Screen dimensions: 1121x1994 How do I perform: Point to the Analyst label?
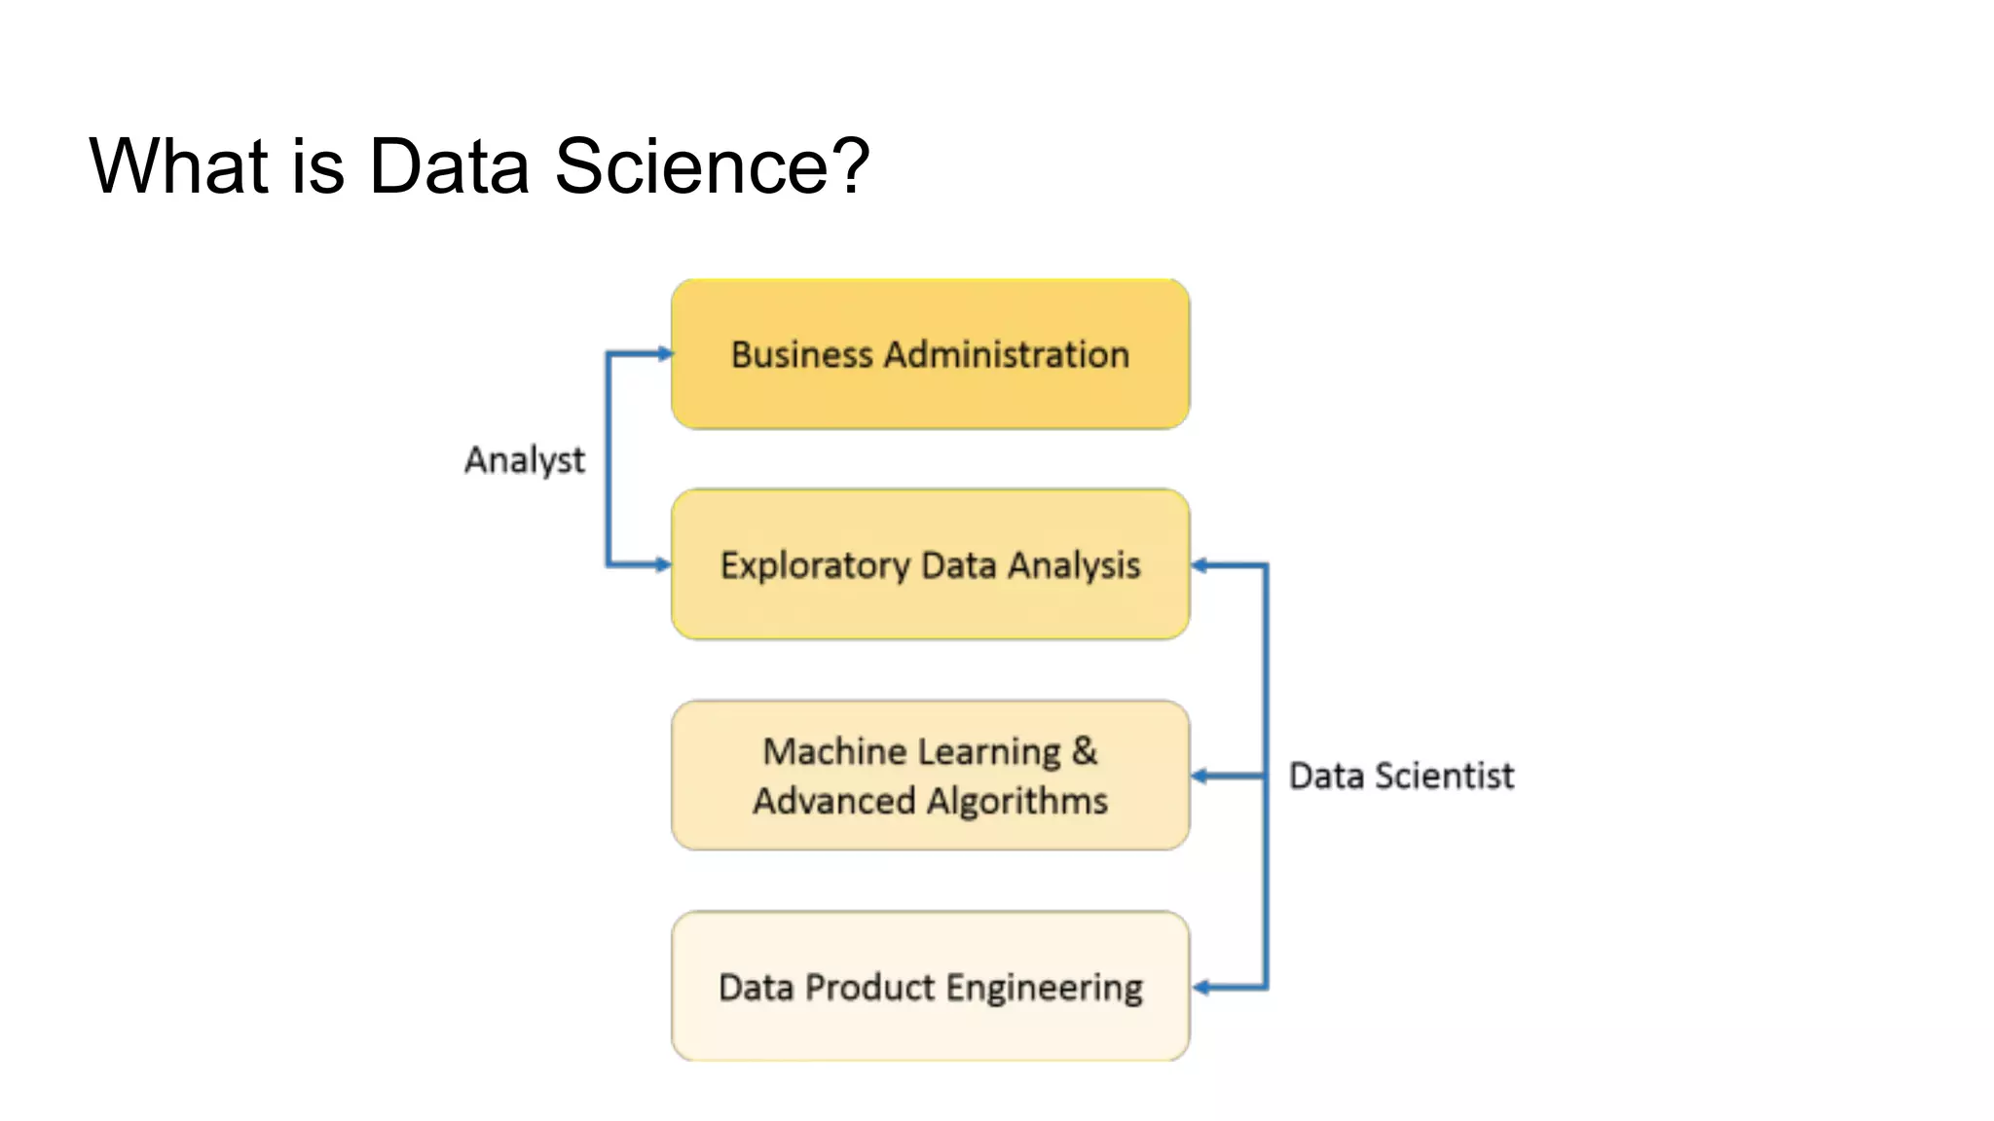click(x=525, y=460)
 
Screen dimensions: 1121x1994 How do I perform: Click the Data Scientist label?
click(x=1401, y=777)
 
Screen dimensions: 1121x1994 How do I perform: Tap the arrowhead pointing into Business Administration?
click(x=665, y=353)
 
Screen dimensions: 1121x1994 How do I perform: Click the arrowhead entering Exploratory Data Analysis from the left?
click(x=663, y=564)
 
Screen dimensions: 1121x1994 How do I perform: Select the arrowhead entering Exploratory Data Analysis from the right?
click(x=1200, y=565)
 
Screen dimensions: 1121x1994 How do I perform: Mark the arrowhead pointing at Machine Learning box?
click(x=1200, y=776)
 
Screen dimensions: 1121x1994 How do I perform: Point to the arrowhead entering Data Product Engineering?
click(x=1201, y=988)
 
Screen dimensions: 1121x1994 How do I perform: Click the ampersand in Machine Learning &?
click(x=1085, y=751)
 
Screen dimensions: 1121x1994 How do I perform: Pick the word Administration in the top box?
click(x=1007, y=355)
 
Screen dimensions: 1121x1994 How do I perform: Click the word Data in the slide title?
click(x=449, y=166)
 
